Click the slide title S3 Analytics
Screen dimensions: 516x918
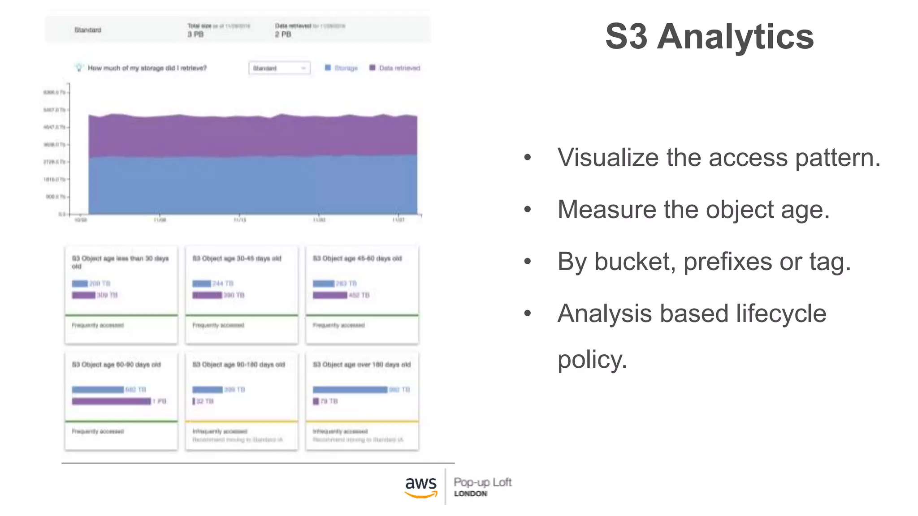point(709,37)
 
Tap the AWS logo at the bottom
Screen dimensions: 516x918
point(420,486)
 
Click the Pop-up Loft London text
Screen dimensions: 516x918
point(482,486)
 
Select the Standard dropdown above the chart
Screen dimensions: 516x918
point(279,68)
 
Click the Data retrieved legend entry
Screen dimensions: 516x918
point(394,68)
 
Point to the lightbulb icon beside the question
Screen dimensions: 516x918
point(79,68)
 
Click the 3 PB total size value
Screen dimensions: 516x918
point(195,34)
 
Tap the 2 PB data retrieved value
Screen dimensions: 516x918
point(283,34)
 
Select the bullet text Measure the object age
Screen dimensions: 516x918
point(693,210)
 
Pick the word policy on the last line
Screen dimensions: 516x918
point(592,359)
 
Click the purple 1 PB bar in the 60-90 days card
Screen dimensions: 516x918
point(111,401)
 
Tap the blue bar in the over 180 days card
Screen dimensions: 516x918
point(350,390)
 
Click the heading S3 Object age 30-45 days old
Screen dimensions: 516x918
point(237,258)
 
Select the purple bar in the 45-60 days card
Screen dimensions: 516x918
point(330,295)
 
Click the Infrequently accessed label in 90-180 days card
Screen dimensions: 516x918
point(220,431)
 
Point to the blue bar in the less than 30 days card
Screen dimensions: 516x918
point(80,284)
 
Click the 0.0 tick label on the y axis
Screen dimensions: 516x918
point(62,214)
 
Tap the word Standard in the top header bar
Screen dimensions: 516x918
point(88,30)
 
